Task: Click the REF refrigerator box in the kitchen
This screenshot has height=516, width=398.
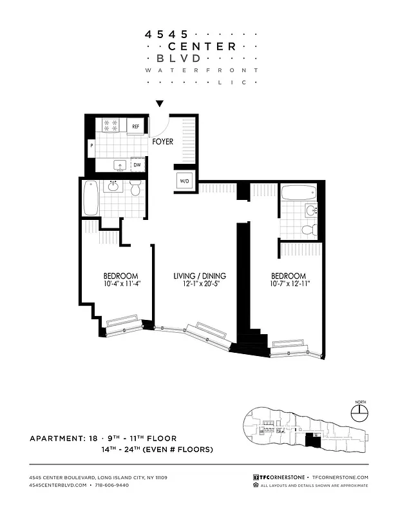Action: [x=136, y=126]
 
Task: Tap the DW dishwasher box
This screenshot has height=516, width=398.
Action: [x=137, y=165]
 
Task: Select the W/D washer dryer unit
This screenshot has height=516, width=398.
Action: [x=184, y=181]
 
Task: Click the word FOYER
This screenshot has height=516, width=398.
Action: [x=163, y=141]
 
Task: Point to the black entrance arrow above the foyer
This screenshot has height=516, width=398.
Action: [x=160, y=104]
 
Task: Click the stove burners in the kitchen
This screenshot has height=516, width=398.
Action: [x=109, y=125]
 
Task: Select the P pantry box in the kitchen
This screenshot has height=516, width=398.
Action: [x=91, y=146]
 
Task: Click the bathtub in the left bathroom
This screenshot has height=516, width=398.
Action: [x=90, y=199]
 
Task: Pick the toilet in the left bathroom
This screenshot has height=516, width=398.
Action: [x=135, y=189]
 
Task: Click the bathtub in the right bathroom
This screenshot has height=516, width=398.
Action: [x=299, y=192]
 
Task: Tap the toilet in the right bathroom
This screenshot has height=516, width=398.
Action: [x=308, y=228]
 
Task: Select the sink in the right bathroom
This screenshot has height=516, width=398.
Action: [x=312, y=210]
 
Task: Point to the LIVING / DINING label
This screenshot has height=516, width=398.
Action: [x=200, y=275]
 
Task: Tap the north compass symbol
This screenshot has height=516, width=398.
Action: [x=359, y=410]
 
